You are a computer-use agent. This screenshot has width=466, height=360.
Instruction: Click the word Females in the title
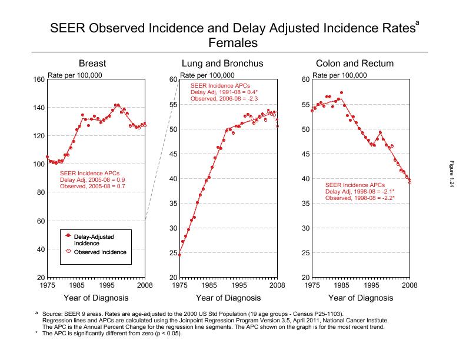[x=233, y=43]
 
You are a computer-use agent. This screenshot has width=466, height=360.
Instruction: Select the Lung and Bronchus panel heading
[x=222, y=64]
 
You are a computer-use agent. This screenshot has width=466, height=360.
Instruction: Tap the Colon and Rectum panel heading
[x=355, y=64]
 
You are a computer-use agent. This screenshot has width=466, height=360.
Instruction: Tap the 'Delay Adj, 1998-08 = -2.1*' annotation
[x=360, y=192]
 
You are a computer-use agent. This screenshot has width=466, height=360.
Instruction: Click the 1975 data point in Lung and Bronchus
[x=179, y=255]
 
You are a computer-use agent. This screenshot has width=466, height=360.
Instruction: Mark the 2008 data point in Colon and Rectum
[x=410, y=182]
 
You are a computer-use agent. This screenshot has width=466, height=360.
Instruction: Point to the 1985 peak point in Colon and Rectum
[x=341, y=93]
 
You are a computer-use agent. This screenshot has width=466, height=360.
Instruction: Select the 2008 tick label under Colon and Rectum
[x=410, y=285]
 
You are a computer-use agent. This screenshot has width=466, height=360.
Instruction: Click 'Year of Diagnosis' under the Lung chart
[x=228, y=298]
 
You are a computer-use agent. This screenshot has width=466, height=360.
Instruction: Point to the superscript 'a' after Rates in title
[x=417, y=22]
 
